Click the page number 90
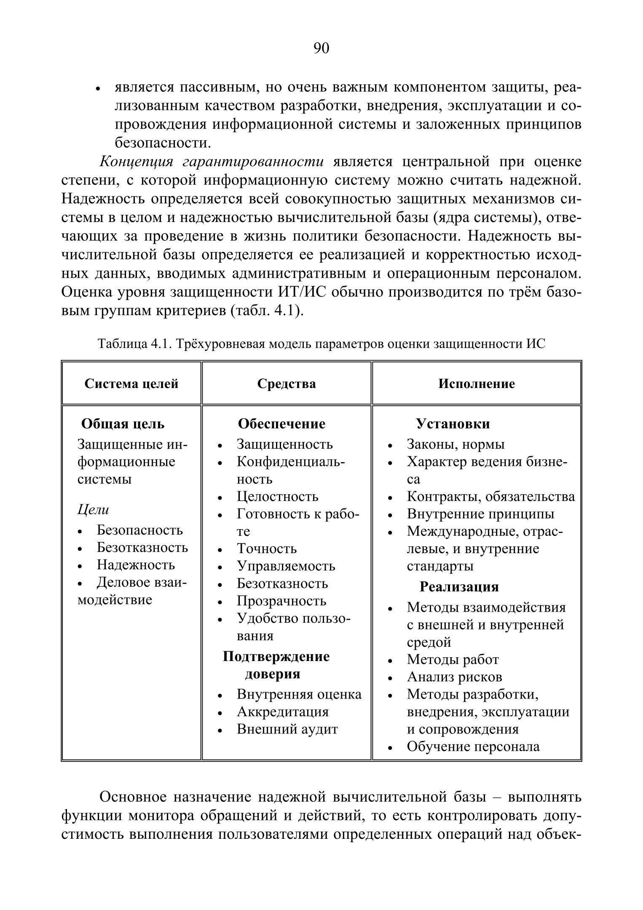(x=321, y=48)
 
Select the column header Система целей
(x=131, y=384)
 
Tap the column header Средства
(x=287, y=384)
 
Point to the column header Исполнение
(x=477, y=384)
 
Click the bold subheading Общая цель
(x=123, y=424)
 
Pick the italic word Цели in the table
(x=93, y=510)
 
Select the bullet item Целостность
(x=277, y=496)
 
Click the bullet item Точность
(x=266, y=549)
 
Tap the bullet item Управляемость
(x=286, y=566)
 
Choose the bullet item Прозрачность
(x=281, y=601)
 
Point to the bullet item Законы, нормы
(x=455, y=444)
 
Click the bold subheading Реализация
(x=459, y=587)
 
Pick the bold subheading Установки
(x=453, y=424)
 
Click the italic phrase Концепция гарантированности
(x=212, y=162)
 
